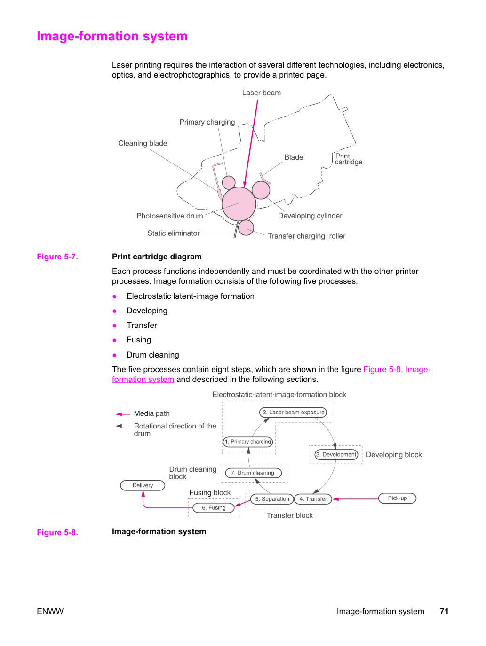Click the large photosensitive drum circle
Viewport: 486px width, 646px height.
coord(239,203)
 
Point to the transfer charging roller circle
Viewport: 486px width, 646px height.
coord(246,227)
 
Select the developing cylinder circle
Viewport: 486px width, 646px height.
coord(261,190)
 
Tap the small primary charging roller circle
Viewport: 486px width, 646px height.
coord(228,182)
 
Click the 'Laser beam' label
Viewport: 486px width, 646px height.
coord(261,93)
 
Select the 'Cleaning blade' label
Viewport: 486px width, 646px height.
coord(143,143)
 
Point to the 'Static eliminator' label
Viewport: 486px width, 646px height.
coord(174,233)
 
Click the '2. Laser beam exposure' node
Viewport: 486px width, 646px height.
coord(293,412)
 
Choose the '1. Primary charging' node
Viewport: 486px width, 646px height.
coord(247,442)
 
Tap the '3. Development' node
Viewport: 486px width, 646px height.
coord(336,454)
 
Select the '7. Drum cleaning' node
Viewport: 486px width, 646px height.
coord(253,473)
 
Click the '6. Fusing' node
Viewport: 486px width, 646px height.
coord(214,507)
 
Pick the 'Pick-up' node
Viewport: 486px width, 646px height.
coord(397,498)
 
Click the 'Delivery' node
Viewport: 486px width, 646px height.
coord(143,485)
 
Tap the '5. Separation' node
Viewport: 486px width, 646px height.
coord(272,499)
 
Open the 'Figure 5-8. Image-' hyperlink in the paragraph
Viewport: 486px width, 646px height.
coord(397,369)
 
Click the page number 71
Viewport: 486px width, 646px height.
coord(444,611)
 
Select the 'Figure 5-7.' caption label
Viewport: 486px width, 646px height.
coord(57,257)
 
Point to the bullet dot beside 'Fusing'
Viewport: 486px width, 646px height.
coord(114,340)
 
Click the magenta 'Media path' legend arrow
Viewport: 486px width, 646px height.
coord(123,414)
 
